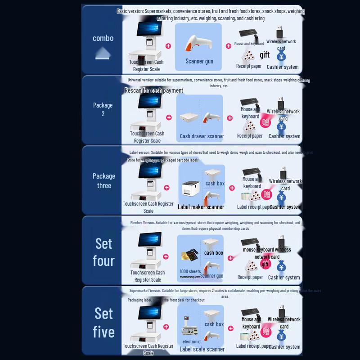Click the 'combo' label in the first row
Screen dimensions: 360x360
[103, 38]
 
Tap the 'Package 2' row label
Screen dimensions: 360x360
[103, 109]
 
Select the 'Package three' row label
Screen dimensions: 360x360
[104, 180]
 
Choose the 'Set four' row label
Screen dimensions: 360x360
[103, 252]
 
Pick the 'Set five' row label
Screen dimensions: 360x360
[103, 323]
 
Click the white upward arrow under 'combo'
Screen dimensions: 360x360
[103, 55]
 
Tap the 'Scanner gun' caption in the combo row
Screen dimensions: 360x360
[199, 61]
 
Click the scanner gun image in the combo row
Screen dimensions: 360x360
[198, 43]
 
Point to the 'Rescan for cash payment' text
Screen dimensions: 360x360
[154, 90]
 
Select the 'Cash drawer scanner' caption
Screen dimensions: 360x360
[202, 136]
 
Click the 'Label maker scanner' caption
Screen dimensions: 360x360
[201, 207]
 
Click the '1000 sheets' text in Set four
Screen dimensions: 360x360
[190, 271]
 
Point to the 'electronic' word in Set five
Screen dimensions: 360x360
[192, 342]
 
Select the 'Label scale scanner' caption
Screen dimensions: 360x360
[202, 349]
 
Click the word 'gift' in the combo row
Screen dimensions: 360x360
[265, 55]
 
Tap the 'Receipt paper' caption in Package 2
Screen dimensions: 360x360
[250, 136]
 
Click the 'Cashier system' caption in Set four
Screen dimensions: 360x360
[284, 278]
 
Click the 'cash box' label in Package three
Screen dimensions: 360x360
[215, 184]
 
